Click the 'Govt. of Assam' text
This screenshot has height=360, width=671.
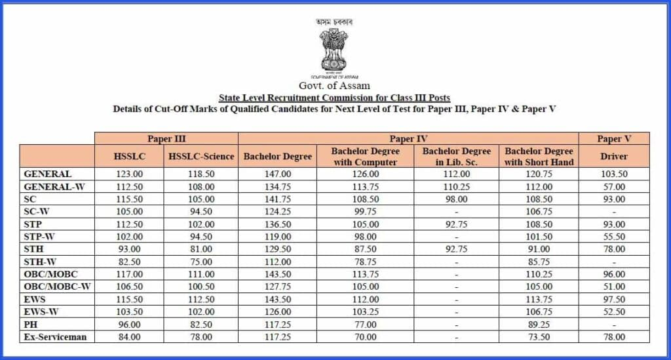click(x=334, y=85)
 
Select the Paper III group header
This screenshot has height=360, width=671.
click(x=166, y=138)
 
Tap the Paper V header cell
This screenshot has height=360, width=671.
click(x=614, y=138)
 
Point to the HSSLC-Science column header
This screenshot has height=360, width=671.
click(x=201, y=156)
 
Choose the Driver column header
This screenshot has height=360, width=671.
click(x=614, y=156)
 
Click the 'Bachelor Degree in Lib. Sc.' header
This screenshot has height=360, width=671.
click(x=457, y=156)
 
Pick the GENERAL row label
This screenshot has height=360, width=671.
click(x=48, y=174)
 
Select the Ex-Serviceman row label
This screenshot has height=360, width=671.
click(x=55, y=337)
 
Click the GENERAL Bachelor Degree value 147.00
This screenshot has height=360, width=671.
click(x=277, y=174)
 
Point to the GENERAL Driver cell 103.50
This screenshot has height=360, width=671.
click(x=614, y=174)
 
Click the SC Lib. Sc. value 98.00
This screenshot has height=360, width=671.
click(x=457, y=199)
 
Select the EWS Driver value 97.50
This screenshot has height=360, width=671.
click(x=614, y=300)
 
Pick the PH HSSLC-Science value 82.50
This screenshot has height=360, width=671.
click(x=201, y=325)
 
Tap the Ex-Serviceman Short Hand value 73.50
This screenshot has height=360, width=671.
click(x=539, y=337)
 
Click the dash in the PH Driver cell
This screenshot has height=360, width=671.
click(x=614, y=325)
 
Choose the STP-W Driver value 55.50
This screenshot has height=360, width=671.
click(x=614, y=237)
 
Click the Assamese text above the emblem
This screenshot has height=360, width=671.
click(x=334, y=22)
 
